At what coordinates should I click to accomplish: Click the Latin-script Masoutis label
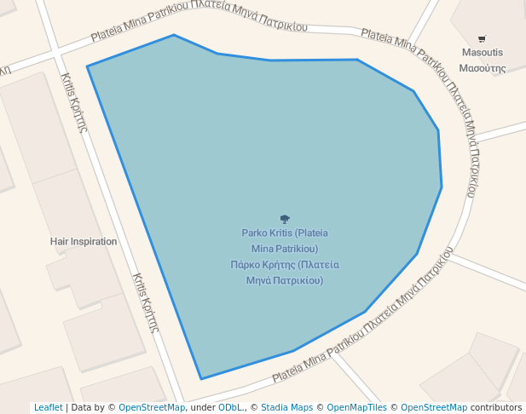click(x=483, y=53)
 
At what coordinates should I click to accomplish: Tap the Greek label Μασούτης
click(x=483, y=68)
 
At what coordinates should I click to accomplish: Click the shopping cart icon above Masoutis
click(x=483, y=38)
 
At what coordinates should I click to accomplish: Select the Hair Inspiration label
click(x=84, y=241)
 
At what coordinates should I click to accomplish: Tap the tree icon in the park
click(x=285, y=219)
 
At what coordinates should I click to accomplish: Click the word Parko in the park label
click(x=255, y=233)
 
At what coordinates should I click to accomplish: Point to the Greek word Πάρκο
click(x=246, y=264)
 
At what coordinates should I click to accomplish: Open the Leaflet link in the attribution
click(x=49, y=408)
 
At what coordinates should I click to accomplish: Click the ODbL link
click(x=231, y=408)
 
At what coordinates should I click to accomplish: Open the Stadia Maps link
click(x=286, y=408)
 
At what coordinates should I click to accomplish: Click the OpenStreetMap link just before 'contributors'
click(x=433, y=408)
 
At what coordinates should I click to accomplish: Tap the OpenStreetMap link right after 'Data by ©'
click(x=152, y=408)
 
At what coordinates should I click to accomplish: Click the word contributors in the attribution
click(x=495, y=408)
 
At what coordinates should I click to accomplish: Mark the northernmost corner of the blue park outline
click(x=174, y=35)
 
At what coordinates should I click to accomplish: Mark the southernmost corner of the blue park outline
click(x=201, y=379)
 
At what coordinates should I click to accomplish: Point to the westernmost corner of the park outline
click(x=87, y=66)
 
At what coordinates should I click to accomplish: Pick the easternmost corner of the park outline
click(x=442, y=187)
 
